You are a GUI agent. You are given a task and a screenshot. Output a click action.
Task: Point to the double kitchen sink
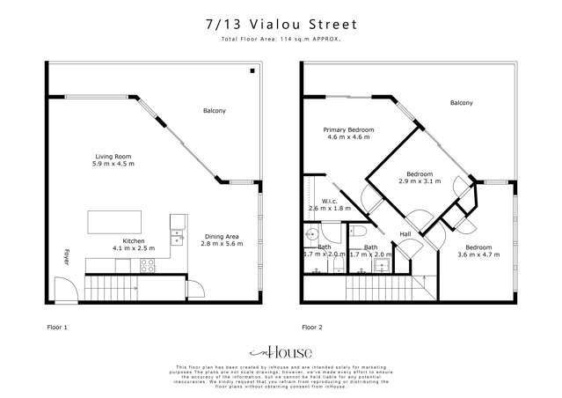pos(177,236)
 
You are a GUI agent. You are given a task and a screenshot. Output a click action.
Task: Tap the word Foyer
pos(65,258)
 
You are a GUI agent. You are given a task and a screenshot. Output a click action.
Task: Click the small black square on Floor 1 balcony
pos(252,70)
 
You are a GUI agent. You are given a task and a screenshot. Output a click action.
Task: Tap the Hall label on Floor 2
pos(405,234)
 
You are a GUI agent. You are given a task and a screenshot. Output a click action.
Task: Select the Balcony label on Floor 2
pos(461,103)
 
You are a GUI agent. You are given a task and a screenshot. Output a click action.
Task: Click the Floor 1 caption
pos(56,327)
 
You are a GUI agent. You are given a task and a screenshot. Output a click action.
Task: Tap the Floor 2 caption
pos(312,327)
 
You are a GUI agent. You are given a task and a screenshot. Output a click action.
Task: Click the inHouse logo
pos(281,350)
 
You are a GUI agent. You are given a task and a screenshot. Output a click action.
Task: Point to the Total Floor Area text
pos(281,41)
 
